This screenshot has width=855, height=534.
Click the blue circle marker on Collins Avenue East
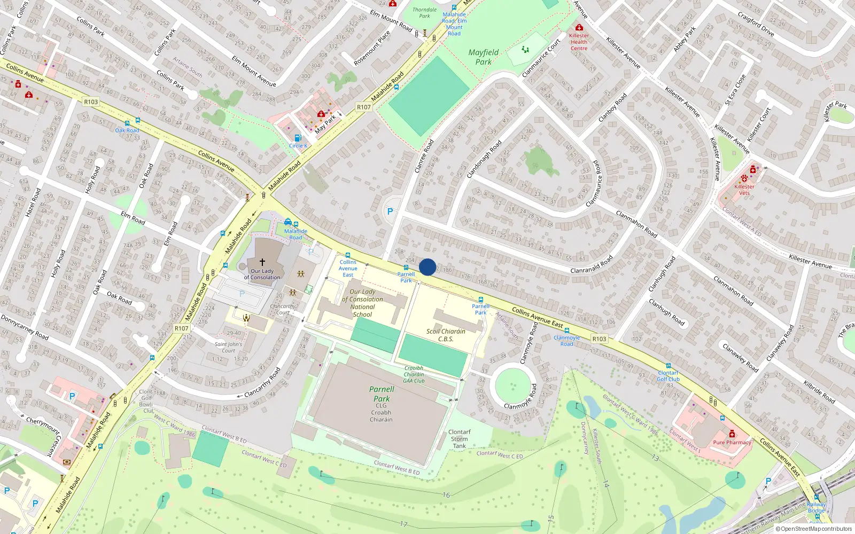[428, 267]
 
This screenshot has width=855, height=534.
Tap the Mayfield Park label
[483, 57]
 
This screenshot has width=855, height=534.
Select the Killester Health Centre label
[579, 42]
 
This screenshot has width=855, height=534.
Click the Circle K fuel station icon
[298, 138]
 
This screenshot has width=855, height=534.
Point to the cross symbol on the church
[262, 262]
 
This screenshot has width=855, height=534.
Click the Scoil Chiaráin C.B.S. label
[446, 335]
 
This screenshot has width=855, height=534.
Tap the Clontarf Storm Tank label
[460, 439]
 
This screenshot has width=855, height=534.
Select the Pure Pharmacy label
[732, 443]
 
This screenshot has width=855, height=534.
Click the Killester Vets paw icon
[744, 178]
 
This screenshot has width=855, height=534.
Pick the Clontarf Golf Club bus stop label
[668, 376]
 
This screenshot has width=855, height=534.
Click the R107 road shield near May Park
[364, 107]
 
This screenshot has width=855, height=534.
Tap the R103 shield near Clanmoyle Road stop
[599, 339]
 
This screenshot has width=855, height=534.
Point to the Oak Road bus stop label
[127, 130]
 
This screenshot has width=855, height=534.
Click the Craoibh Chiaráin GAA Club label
[414, 374]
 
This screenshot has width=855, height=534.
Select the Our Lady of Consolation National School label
[362, 303]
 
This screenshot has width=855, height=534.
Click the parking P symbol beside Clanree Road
[390, 212]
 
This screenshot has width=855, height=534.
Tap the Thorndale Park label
[424, 13]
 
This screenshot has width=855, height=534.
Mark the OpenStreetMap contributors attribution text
[816, 529]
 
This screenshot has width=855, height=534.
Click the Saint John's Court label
[228, 348]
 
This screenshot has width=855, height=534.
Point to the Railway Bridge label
[816, 507]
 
